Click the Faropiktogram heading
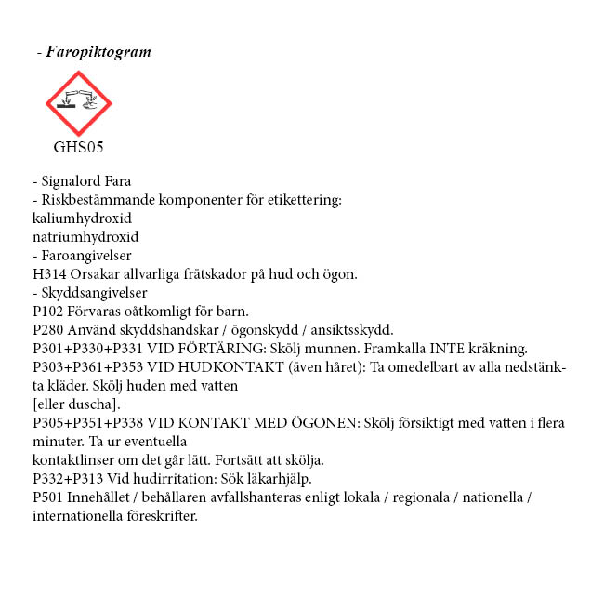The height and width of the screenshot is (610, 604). pyautogui.click(x=98, y=52)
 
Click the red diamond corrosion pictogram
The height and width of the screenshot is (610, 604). pyautogui.click(x=79, y=103)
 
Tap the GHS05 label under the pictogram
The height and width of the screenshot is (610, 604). pyautogui.click(x=78, y=147)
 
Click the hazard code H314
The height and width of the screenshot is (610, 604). pyautogui.click(x=47, y=274)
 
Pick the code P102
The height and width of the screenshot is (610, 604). pyautogui.click(x=47, y=312)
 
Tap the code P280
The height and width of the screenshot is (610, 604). pyautogui.click(x=47, y=330)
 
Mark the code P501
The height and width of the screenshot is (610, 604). pyautogui.click(x=47, y=497)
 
